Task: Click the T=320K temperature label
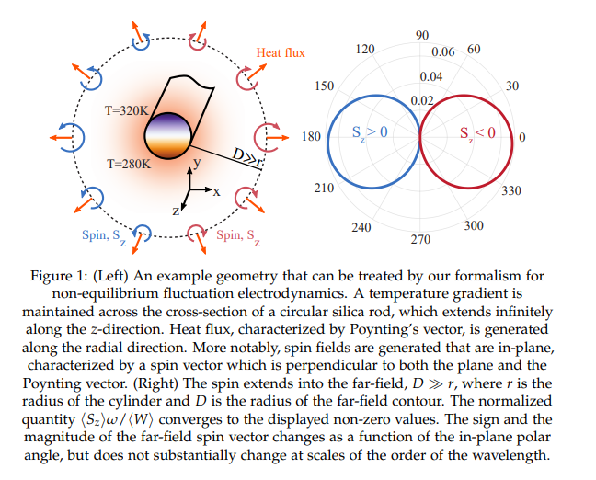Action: pos(127,110)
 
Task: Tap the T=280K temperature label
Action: pos(129,164)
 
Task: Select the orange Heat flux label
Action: pos(281,52)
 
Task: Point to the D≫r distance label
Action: pos(247,158)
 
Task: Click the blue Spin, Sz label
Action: pos(104,236)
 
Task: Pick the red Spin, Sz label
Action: pos(238,236)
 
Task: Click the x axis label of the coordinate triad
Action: pos(216,191)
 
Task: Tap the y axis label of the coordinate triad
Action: pos(197,163)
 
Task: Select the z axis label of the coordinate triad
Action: pos(176,211)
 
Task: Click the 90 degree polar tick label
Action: pos(422,35)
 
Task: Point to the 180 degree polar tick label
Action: pos(311,136)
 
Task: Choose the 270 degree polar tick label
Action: pos(420,239)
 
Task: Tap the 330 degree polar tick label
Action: pos(511,190)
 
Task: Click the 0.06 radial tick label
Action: pos(442,51)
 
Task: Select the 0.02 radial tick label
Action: pos(422,100)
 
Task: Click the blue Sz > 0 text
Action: pos(370,133)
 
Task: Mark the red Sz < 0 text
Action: pos(477,133)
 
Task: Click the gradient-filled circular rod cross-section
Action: pos(167,136)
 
